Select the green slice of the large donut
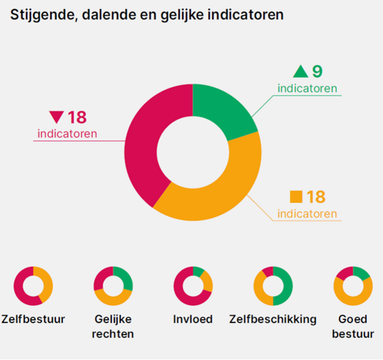pos(225,109)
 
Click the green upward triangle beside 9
pos(299,71)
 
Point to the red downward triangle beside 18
pos(57,117)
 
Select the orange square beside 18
pos(296,197)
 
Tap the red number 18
pos(77,117)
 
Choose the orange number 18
pos(315,197)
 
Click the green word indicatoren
pos(307,88)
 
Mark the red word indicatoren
pos(67,134)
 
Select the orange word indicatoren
pos(307,213)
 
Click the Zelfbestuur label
pos(33,319)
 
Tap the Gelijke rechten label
pos(113,326)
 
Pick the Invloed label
pos(193,319)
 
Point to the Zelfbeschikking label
pos(273,319)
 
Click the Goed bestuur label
pos(352,326)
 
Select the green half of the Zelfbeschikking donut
pos(284,287)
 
